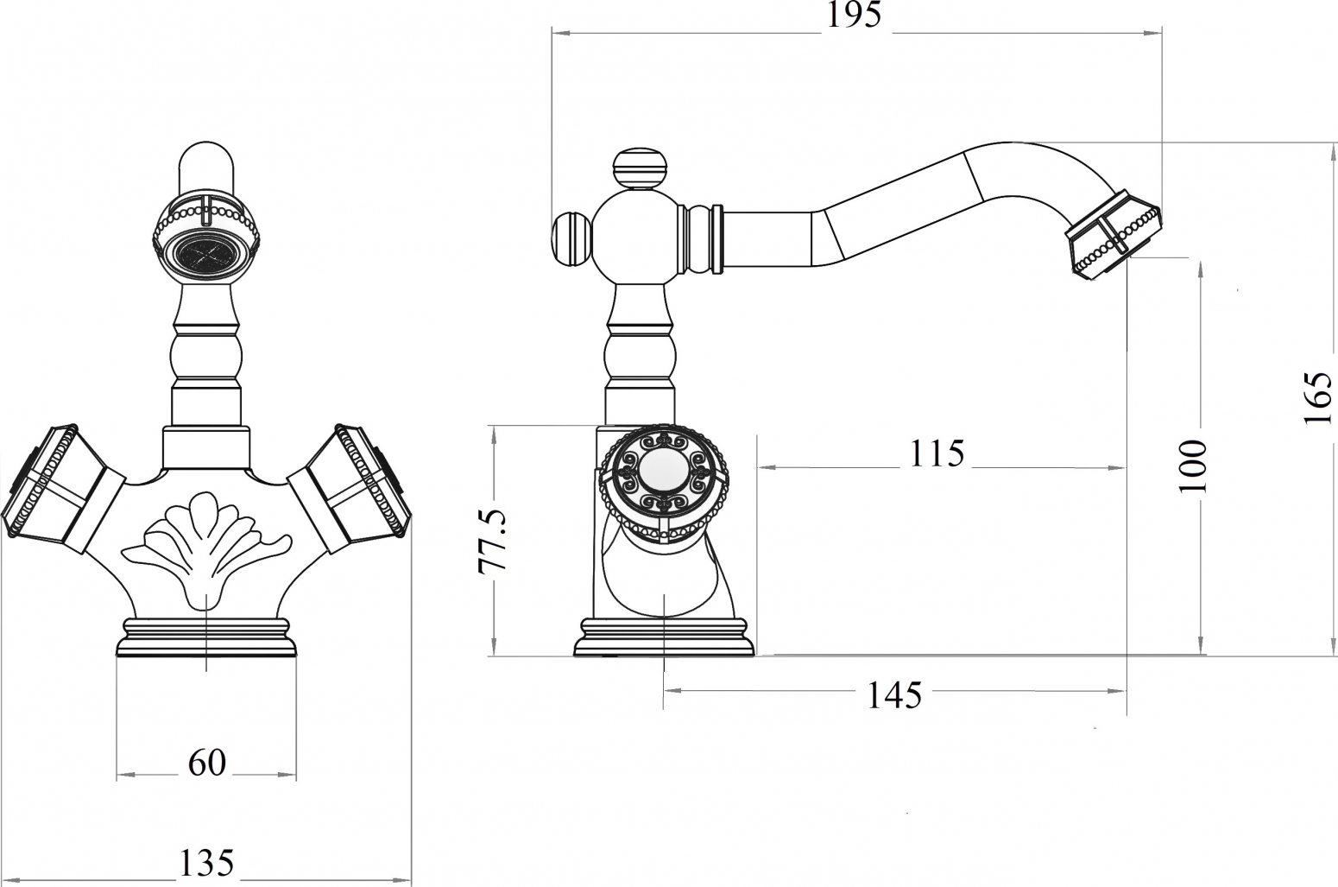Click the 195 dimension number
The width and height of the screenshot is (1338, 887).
[855, 16]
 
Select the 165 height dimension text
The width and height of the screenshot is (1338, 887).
[1318, 398]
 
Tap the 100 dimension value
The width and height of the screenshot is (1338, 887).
[1193, 466]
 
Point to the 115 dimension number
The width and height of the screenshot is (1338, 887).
[937, 453]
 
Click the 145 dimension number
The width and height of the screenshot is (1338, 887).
[895, 696]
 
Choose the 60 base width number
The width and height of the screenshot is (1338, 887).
[206, 763]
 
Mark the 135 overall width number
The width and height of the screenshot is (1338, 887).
[206, 862]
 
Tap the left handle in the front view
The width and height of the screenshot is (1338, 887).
[60, 487]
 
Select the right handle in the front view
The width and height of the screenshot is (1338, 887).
[352, 487]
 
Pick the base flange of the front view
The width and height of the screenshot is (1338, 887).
[206, 637]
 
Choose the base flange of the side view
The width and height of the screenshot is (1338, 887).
[664, 637]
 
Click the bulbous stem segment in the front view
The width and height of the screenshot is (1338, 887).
[206, 357]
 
